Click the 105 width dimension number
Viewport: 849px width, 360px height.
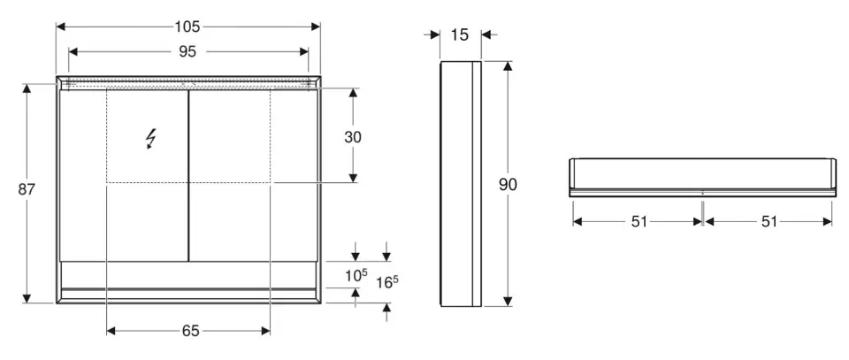click(x=187, y=26)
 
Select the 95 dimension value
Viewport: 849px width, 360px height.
click(x=187, y=51)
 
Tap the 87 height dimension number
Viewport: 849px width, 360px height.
click(x=26, y=189)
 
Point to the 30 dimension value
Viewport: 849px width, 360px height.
click(x=353, y=137)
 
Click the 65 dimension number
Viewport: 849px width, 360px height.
click(x=191, y=331)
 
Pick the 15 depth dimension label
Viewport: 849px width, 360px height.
click(x=459, y=34)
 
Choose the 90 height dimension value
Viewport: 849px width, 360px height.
click(x=508, y=185)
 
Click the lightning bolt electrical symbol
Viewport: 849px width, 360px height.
click(x=151, y=139)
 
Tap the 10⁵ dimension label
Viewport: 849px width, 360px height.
click(x=356, y=276)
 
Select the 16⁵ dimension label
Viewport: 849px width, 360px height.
click(x=387, y=282)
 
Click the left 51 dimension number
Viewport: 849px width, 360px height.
click(x=639, y=221)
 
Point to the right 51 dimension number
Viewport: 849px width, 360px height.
click(x=769, y=221)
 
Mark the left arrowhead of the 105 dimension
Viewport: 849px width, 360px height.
click(x=61, y=26)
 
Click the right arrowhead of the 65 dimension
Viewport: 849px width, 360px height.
click(x=265, y=331)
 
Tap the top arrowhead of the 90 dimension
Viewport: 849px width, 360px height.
click(x=508, y=66)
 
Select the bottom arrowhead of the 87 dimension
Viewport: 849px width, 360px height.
click(x=27, y=298)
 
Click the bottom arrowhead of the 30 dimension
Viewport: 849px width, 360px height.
click(x=353, y=178)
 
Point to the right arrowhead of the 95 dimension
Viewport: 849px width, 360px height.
click(x=303, y=51)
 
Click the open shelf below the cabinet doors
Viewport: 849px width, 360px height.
click(x=187, y=275)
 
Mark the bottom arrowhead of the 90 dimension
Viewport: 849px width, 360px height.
click(x=508, y=302)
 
